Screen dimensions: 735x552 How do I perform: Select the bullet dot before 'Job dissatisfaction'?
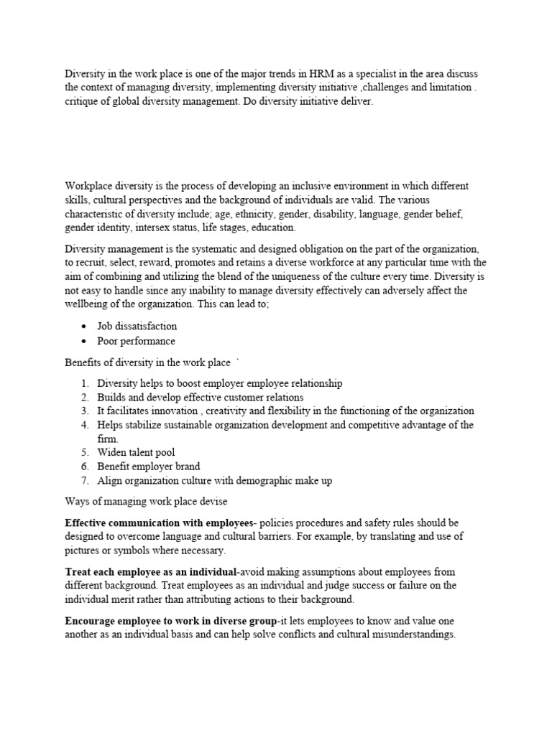point(84,327)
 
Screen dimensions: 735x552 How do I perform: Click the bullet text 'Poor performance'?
point(136,341)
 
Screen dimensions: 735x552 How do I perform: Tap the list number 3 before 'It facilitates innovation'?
point(84,411)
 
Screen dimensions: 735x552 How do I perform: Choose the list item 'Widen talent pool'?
point(136,453)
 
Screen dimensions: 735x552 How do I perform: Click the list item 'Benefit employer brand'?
point(148,467)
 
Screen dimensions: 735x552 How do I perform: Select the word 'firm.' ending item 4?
point(108,439)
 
